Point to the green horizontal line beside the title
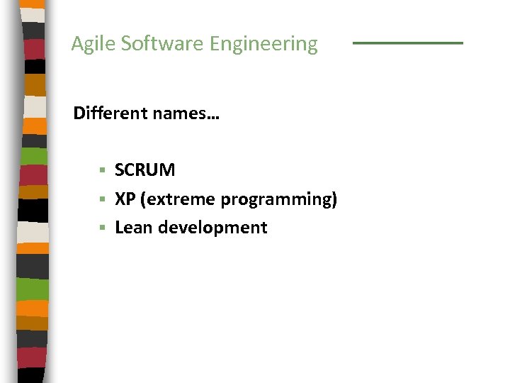(x=407, y=43)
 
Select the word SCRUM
(x=144, y=170)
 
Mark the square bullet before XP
(x=103, y=199)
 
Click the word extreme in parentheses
(x=180, y=199)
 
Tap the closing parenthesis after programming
(x=334, y=200)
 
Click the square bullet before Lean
(x=103, y=228)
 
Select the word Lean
(x=133, y=228)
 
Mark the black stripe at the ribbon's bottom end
(x=32, y=374)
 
